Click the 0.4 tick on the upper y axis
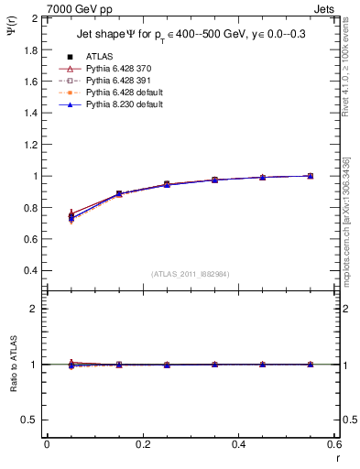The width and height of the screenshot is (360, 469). [x=31, y=271]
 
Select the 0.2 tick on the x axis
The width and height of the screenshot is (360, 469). [x=142, y=444]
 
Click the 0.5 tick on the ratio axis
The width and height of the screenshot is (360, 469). [x=31, y=420]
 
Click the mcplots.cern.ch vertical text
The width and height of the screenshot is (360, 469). [x=351, y=229]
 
